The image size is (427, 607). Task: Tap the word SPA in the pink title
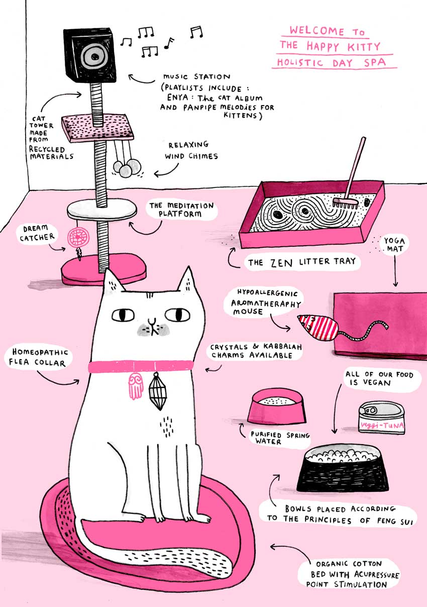375,63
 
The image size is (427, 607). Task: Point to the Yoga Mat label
394,244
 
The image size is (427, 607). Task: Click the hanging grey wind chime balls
127,168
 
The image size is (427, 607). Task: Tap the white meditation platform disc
101,210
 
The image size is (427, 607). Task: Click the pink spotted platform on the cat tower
97,127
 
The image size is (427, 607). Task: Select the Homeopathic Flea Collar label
38,357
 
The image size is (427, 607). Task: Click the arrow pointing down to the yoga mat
395,270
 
